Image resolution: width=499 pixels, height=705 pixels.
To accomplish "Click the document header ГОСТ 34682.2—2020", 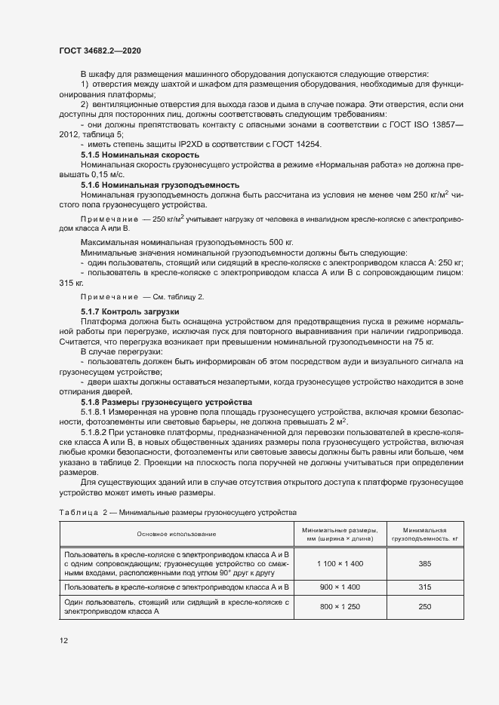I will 100,51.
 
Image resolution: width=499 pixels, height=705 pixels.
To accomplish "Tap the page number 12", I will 64,641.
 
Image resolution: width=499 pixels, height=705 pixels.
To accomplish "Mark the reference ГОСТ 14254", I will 292,143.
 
